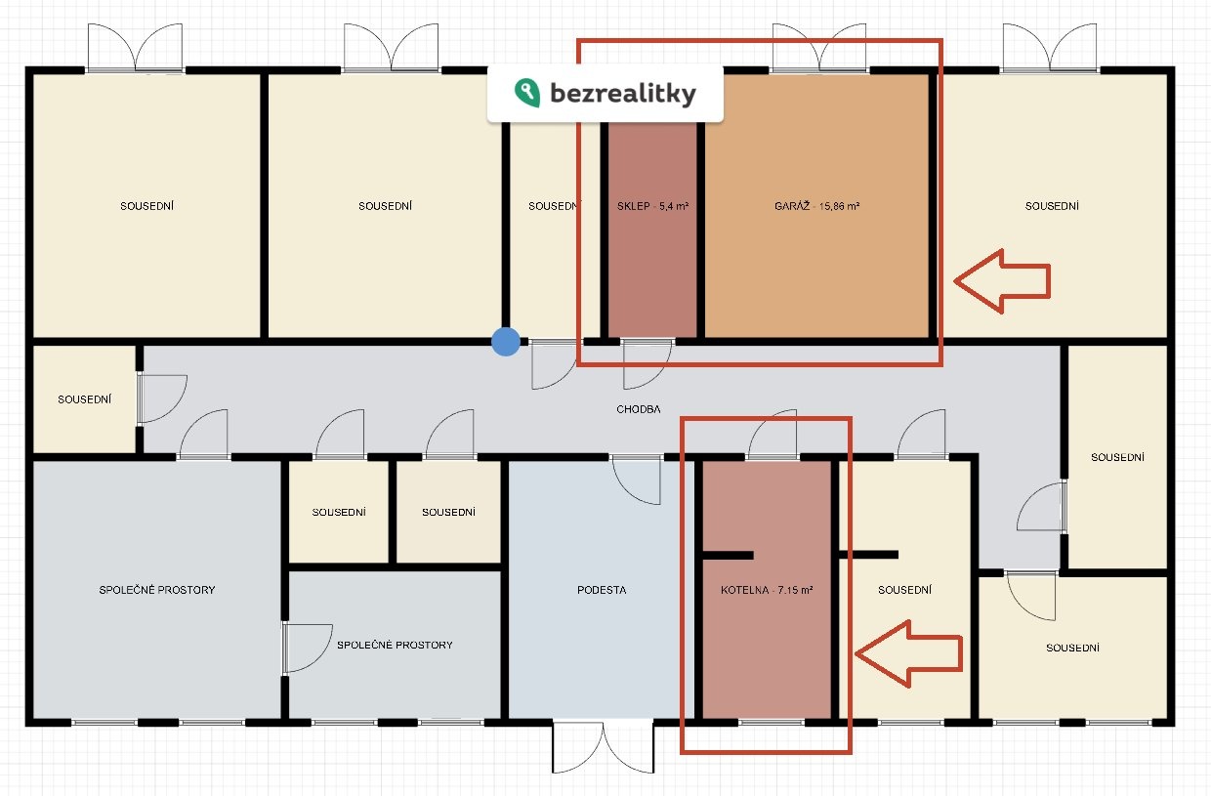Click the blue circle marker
(x=506, y=342)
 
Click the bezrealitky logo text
(x=623, y=94)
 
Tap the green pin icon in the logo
(x=527, y=93)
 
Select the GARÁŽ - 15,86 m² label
(x=816, y=206)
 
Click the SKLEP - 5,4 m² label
(x=652, y=206)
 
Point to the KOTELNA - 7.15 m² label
(x=767, y=590)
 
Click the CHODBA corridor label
(x=639, y=409)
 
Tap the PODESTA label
(x=602, y=590)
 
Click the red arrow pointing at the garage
(x=1002, y=281)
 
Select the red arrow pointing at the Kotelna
(x=909, y=653)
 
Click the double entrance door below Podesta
(x=603, y=747)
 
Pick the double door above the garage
(x=819, y=48)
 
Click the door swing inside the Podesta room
(x=637, y=481)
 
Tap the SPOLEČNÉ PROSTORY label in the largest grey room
(x=157, y=590)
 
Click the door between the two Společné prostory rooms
(x=307, y=648)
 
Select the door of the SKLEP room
(x=647, y=364)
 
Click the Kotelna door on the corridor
(x=772, y=435)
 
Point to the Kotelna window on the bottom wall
(x=771, y=723)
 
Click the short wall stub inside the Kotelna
(x=728, y=555)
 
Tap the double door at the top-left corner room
(x=135, y=48)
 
